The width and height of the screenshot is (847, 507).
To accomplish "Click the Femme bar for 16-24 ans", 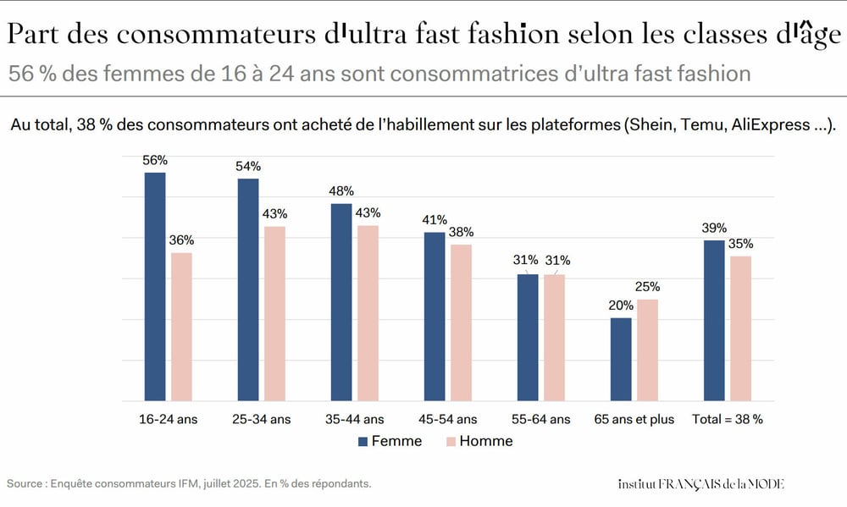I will [155, 286].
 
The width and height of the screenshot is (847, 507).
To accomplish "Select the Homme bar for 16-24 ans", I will [181, 326].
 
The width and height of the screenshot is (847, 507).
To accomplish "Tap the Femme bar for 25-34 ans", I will [248, 289].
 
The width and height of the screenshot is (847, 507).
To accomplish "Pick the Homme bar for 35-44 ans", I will [368, 312].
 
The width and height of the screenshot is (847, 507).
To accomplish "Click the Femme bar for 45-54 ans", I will [435, 316].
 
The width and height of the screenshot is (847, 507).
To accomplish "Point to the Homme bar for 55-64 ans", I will [554, 337].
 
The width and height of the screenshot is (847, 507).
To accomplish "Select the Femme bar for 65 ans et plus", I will [621, 359].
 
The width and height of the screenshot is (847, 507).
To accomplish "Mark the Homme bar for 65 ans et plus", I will [647, 350].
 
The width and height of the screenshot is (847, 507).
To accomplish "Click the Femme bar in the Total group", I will [714, 320].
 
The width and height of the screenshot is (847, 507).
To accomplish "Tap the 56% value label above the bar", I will [155, 160].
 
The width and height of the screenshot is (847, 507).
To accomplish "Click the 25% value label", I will [647, 287].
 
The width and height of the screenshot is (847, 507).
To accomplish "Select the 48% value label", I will [341, 191].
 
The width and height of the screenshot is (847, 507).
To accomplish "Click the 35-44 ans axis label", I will [354, 419].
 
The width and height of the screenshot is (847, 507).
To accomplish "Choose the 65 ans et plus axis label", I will [634, 419].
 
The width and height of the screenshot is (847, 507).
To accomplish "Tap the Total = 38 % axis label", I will [728, 419].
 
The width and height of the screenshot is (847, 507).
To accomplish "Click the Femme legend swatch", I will [363, 441].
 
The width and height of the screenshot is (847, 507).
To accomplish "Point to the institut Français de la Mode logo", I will [701, 483].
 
